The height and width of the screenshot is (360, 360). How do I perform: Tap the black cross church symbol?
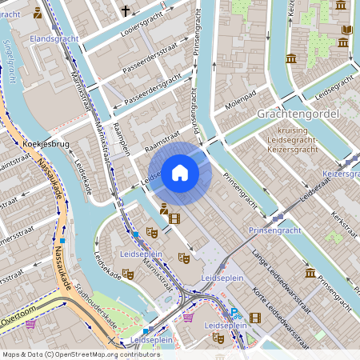(x=126, y=10)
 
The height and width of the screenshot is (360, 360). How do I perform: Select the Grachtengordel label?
(x=298, y=114)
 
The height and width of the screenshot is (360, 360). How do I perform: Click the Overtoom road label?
(x=18, y=318)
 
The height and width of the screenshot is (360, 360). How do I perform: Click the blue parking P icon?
(x=235, y=314)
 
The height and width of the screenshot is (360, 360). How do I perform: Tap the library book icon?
(x=346, y=31)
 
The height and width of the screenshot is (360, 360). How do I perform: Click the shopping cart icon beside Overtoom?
(x=31, y=324)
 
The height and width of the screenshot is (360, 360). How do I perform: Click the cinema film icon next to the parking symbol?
(x=254, y=318)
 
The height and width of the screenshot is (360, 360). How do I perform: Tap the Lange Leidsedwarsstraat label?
(x=270, y=269)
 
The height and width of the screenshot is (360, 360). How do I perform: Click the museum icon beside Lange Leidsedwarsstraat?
(x=310, y=273)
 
